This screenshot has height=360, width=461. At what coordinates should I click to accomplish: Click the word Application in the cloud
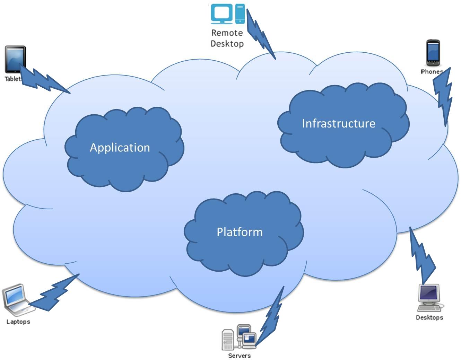(120, 148)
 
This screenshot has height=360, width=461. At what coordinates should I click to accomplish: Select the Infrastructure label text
(338, 123)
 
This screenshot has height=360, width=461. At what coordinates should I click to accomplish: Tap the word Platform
(240, 232)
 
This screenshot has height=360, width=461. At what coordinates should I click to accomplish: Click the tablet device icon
(15, 60)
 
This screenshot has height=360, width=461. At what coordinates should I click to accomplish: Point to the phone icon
(433, 53)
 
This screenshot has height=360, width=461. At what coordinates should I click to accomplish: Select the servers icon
(240, 337)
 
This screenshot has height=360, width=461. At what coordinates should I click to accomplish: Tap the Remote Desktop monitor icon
(222, 14)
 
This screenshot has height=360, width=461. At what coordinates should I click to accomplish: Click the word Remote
(227, 33)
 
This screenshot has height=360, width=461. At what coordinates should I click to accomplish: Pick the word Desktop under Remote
(227, 44)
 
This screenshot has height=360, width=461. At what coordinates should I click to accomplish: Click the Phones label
(432, 72)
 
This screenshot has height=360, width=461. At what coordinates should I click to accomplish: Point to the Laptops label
(18, 322)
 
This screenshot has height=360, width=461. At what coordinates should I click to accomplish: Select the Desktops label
(429, 317)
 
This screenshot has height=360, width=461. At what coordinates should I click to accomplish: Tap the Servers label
(239, 355)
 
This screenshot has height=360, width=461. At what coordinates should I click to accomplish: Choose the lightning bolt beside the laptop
(55, 293)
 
